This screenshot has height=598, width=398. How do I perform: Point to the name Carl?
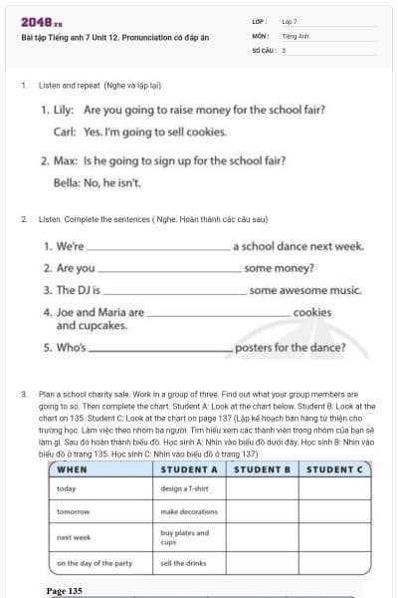65,131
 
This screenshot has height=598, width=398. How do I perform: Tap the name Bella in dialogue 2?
67,182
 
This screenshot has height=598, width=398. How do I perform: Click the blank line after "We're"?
158,247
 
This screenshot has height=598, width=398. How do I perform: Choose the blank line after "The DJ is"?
174,293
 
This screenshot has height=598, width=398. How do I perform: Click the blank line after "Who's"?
159,351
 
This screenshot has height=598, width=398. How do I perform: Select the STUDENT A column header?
189,469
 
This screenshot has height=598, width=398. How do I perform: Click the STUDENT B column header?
262,469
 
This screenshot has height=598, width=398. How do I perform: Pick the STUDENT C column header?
333,469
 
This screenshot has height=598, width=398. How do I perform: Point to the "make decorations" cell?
188,512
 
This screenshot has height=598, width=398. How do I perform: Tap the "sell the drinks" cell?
182,564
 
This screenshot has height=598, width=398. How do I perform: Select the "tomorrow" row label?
74,512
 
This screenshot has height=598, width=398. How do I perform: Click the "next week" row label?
74,538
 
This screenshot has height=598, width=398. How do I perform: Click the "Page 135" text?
65,591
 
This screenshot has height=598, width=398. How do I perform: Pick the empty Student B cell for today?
262,489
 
